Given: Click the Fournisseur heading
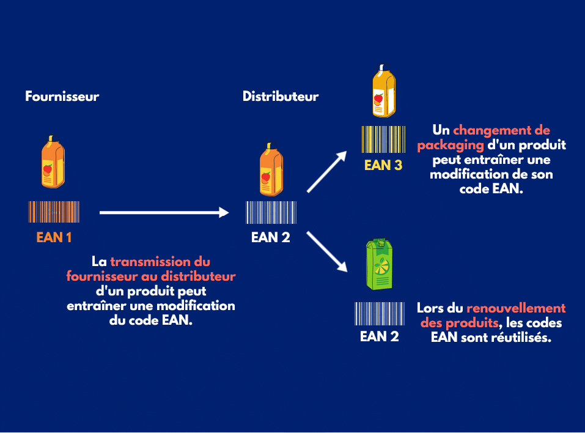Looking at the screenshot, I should pyautogui.click(x=62, y=97).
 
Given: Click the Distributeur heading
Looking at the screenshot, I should pyautogui.click(x=281, y=97).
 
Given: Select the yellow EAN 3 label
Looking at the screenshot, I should pyautogui.click(x=383, y=165).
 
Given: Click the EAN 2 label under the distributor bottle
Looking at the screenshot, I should pyautogui.click(x=271, y=237).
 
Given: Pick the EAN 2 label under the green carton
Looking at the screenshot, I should pyautogui.click(x=379, y=336).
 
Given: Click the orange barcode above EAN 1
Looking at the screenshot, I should pyautogui.click(x=53, y=212).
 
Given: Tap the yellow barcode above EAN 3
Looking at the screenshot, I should pyautogui.click(x=383, y=139).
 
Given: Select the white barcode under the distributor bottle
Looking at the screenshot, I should pyautogui.click(x=271, y=212).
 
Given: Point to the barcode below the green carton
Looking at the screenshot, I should pyautogui.click(x=379, y=314).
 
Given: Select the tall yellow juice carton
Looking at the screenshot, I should pyautogui.click(x=384, y=90).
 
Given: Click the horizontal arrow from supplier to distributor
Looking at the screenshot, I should pyautogui.click(x=164, y=212).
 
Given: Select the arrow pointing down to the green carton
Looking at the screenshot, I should pyautogui.click(x=327, y=251).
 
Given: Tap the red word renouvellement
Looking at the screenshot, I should pyautogui.click(x=516, y=308).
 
